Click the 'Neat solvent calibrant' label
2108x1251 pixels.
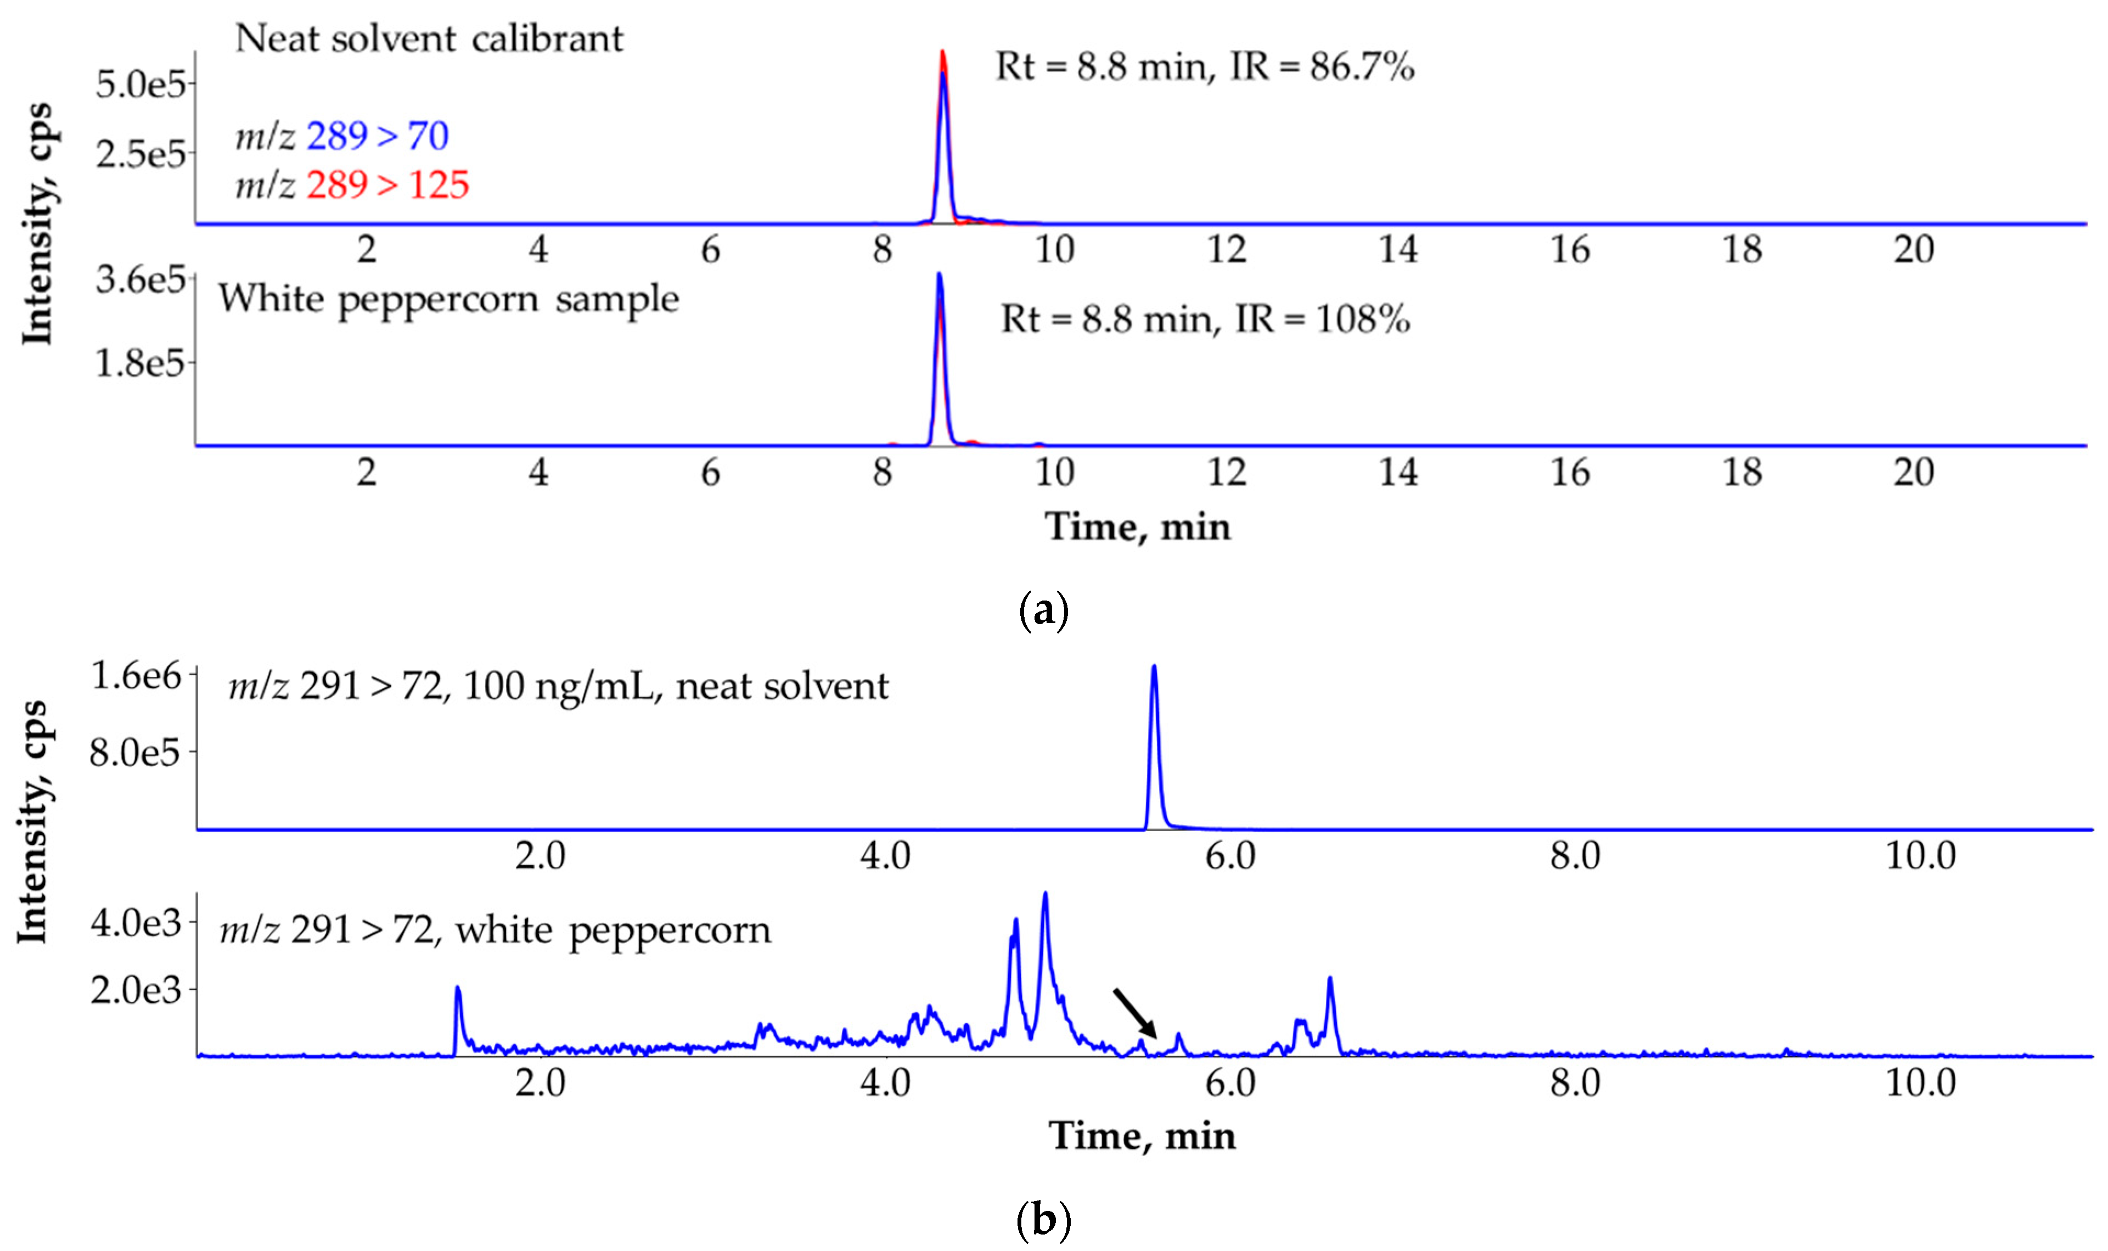pos(429,39)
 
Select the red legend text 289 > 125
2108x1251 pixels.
pos(387,184)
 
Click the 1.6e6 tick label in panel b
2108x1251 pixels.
pos(136,676)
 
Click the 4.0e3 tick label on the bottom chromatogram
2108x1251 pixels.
pos(136,923)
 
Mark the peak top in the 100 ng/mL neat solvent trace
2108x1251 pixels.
pos(1154,667)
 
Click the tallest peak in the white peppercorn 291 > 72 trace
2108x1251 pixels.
pos(1045,894)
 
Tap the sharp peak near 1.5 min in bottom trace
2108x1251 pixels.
pos(458,989)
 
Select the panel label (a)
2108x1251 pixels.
pos(1043,609)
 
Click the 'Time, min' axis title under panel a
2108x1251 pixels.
pos(1138,527)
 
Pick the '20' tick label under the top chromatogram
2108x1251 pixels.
pos(1913,250)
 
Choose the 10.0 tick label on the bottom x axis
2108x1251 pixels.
pos(1920,1082)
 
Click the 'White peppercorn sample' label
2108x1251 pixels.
pos(448,299)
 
